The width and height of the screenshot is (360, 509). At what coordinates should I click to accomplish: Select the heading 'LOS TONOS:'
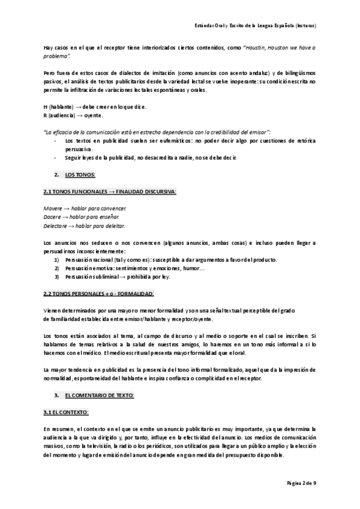point(80,175)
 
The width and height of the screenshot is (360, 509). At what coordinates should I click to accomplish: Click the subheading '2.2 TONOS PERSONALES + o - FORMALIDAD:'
point(98,294)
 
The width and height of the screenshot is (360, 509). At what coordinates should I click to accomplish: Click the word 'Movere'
point(53,208)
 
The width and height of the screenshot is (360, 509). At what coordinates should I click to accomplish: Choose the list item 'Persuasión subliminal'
point(94,277)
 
